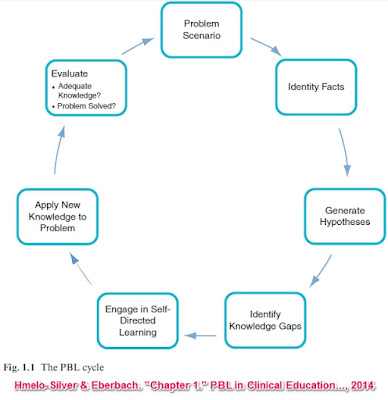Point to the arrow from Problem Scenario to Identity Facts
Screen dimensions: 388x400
click(266, 47)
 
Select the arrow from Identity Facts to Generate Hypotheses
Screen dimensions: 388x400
click(345, 152)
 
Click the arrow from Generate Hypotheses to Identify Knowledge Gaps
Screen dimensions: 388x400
click(321, 271)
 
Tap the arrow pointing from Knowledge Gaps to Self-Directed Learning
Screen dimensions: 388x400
click(201, 335)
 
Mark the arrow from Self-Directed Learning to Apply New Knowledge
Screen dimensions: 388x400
click(81, 268)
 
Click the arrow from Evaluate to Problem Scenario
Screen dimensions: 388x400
click(137, 46)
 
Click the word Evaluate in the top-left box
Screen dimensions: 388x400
click(69, 74)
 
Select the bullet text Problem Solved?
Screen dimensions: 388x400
click(86, 106)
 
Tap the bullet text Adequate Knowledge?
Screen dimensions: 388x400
click(79, 91)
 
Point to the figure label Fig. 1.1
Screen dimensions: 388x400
click(19, 368)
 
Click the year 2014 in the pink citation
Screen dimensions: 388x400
click(362, 386)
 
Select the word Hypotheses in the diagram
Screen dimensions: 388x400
click(345, 222)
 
